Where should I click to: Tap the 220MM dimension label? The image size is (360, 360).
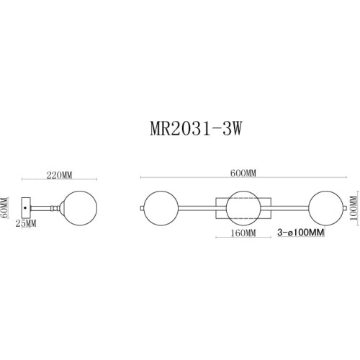[60, 174]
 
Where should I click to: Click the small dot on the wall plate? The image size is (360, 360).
[25, 207]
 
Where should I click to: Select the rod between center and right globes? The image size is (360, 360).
[288, 208]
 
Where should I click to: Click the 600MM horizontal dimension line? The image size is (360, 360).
[216, 179]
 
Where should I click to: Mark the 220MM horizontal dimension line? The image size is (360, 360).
[43, 179]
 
